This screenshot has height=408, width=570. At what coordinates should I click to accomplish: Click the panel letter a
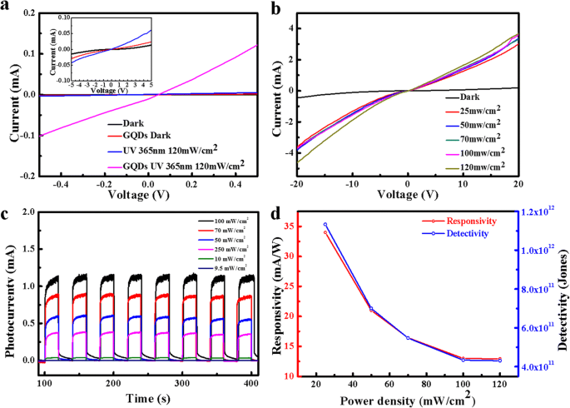pyautogui.click(x=6, y=7)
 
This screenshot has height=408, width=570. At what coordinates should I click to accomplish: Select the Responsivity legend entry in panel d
pyautogui.click(x=472, y=221)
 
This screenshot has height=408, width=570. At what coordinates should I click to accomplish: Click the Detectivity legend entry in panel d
pyautogui.click(x=472, y=235)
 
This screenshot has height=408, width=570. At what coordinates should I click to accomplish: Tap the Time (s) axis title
pyautogui.click(x=146, y=398)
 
